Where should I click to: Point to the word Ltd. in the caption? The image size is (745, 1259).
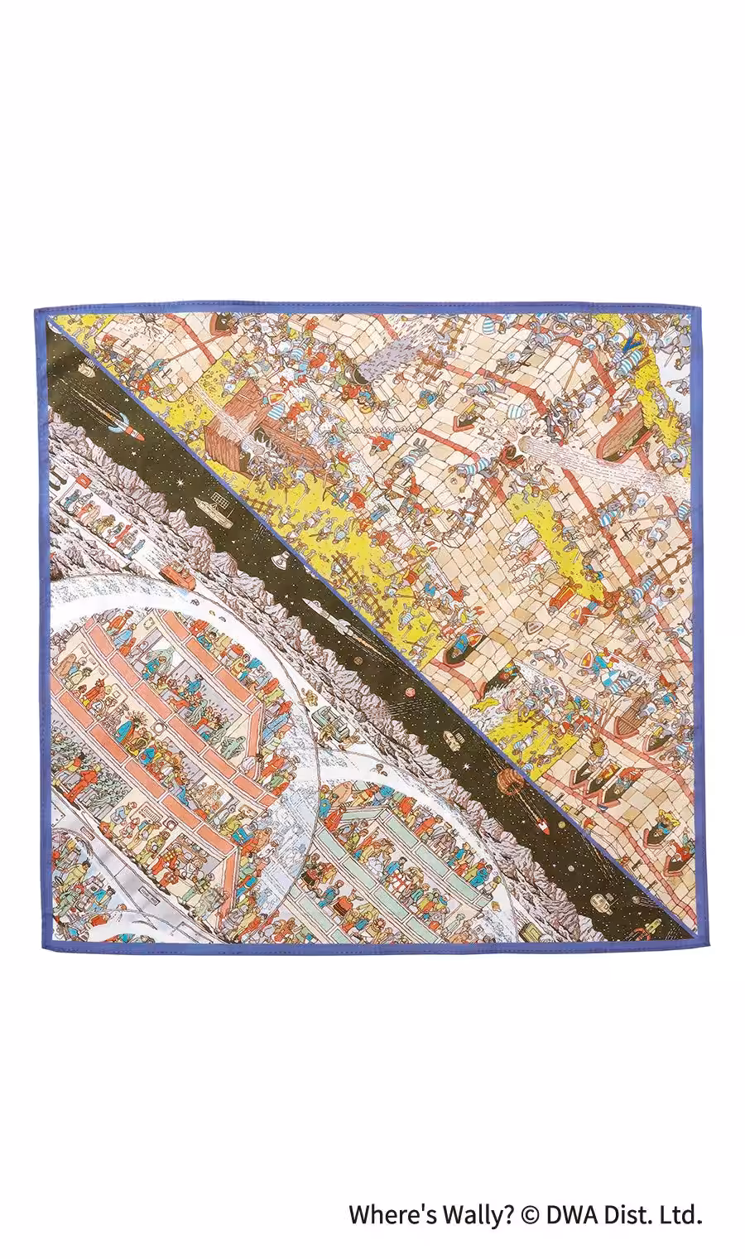pyautogui.click(x=680, y=1215)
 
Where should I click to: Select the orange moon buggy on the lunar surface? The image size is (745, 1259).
pyautogui.click(x=170, y=569)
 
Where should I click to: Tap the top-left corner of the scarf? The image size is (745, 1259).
pyautogui.click(x=35, y=310)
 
